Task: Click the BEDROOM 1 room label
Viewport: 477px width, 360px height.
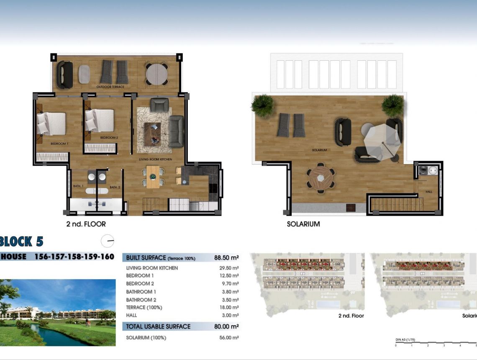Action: pos(59,144)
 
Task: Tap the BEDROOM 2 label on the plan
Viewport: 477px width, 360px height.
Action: pos(109,137)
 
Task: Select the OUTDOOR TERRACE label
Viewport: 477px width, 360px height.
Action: pos(111,87)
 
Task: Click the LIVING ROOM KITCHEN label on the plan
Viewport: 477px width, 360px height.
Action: pos(156,159)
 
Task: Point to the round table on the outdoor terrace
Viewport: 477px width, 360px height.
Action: pos(156,74)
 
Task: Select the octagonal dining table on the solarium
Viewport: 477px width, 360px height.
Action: pos(321,178)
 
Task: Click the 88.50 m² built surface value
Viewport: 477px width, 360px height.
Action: pos(226,258)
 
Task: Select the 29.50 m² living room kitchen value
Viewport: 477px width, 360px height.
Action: pos(229,268)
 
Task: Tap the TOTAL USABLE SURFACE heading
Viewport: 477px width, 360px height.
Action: pos(158,327)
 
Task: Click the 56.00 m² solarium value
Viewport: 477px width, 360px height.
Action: pos(229,337)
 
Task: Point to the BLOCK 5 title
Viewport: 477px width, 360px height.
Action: pos(22,242)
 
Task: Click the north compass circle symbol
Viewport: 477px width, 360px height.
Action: pos(108,241)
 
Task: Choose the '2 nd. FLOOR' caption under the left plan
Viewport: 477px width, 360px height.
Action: pos(86,224)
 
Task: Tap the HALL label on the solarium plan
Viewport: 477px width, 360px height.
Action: pos(429,192)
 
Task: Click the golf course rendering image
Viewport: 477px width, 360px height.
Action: pos(58,312)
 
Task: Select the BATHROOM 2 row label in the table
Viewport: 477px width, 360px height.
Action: pos(141,300)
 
